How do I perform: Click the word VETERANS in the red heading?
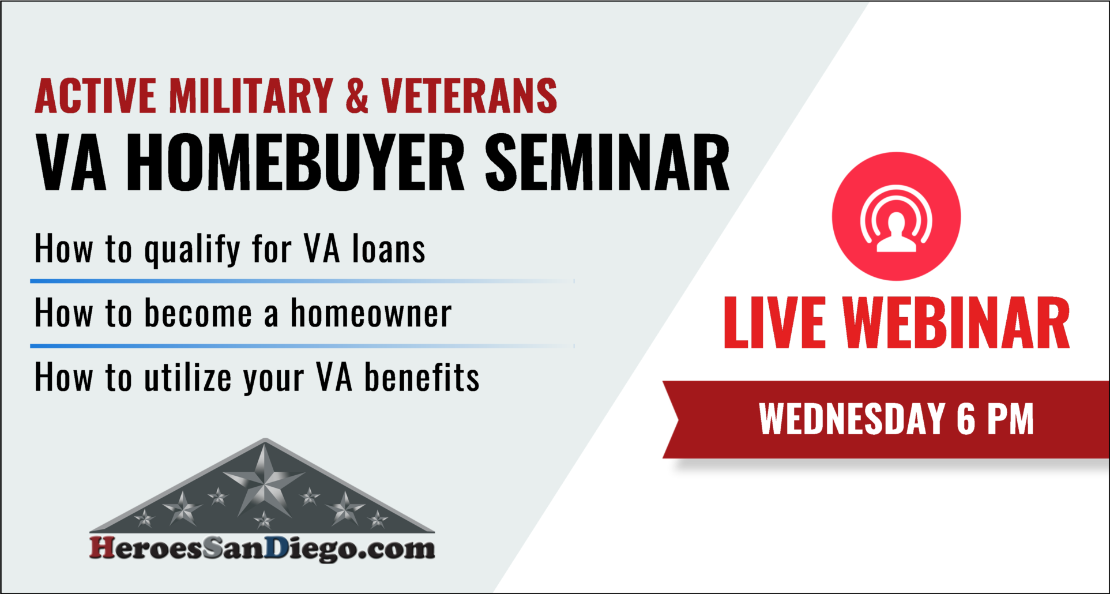point(469,96)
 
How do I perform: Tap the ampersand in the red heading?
point(357,96)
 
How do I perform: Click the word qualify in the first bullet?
point(192,250)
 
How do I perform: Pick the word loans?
point(389,249)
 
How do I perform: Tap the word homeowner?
point(371,314)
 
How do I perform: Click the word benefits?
point(422,378)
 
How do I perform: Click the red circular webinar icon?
point(896,216)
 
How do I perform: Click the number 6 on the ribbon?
point(966,419)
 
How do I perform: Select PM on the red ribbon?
point(1010,419)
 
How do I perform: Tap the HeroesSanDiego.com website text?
point(262,548)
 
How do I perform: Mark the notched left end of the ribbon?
point(675,419)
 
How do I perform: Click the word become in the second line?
point(198,314)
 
